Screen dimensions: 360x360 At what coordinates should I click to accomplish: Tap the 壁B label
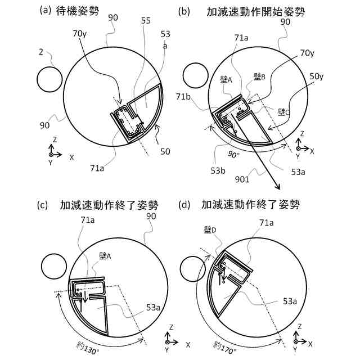259,76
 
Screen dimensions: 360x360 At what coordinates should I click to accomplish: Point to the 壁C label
283,112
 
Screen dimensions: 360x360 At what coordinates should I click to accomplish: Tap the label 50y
317,75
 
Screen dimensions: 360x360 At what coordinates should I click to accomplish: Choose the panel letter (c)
43,205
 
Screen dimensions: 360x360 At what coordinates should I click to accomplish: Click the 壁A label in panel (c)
106,256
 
